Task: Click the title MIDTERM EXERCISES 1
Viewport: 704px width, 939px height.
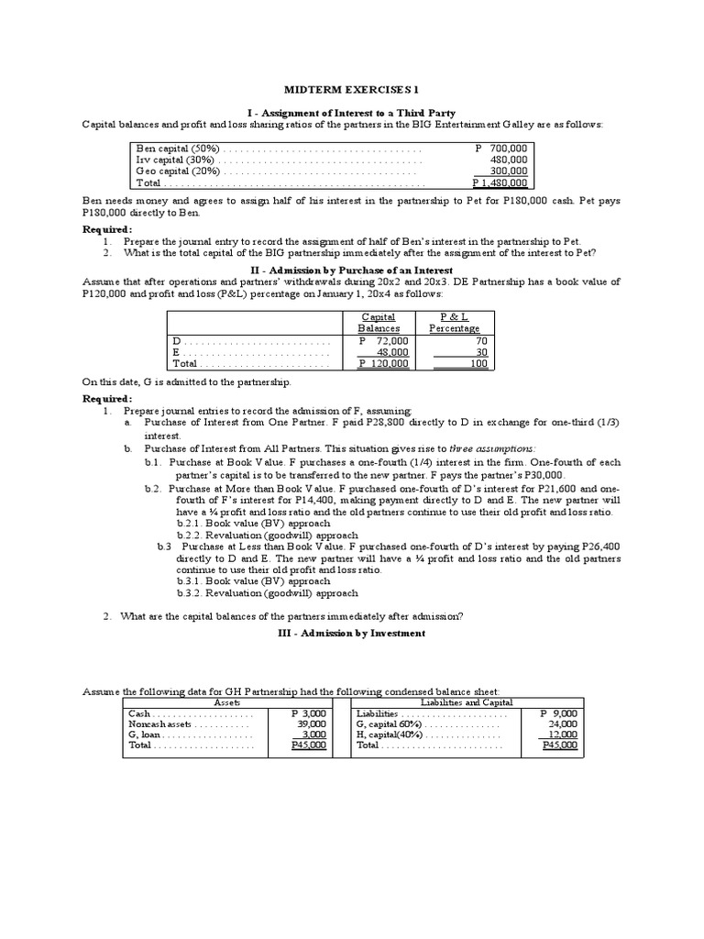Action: tap(352, 89)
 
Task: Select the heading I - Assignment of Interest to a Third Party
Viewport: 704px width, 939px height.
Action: tap(352, 111)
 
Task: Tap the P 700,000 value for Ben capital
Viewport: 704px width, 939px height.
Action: tap(501, 148)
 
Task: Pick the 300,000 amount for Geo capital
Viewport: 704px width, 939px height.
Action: tap(508, 171)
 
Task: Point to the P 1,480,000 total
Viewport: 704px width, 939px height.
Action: tap(500, 182)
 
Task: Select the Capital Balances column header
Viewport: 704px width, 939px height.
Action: tap(378, 322)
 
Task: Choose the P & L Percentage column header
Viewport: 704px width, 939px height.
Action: tap(454, 322)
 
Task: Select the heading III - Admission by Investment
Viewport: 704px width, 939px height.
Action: tap(352, 634)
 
